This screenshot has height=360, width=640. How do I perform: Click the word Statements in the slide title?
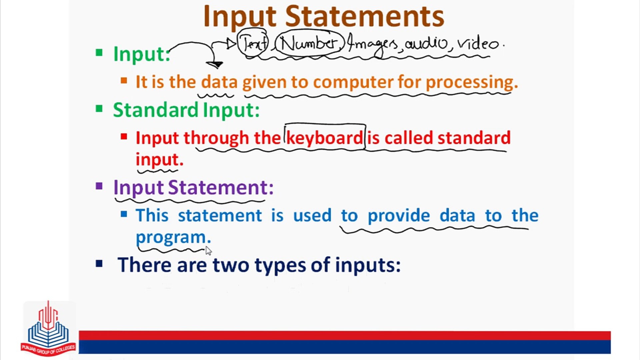[365, 16]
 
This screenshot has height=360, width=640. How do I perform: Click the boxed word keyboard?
[325, 137]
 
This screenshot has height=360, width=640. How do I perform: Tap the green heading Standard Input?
[186, 110]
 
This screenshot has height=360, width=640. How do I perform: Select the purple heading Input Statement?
[193, 187]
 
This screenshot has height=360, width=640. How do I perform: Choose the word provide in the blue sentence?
[399, 215]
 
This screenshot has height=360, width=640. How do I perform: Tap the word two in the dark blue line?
[231, 265]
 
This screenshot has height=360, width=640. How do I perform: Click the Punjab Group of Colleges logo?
[48, 328]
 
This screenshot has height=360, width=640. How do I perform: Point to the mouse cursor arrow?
[208, 251]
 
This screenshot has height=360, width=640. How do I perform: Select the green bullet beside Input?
[99, 52]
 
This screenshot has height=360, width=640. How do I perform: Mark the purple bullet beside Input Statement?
[99, 186]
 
